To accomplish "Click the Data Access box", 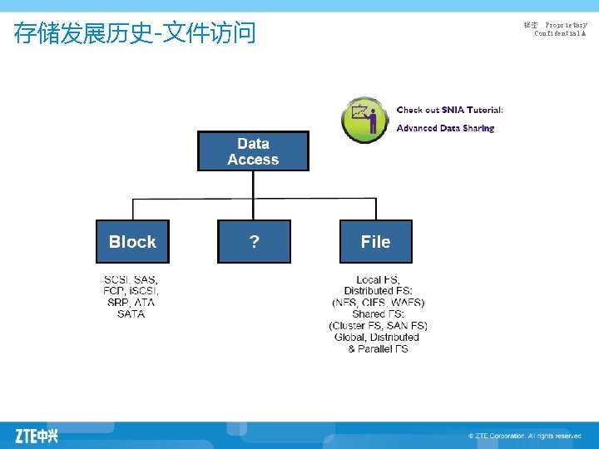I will pyautogui.click(x=253, y=151).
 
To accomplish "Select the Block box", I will pyautogui.click(x=132, y=242).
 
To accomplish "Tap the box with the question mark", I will pyautogui.click(x=254, y=242).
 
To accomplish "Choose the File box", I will pyautogui.click(x=375, y=242).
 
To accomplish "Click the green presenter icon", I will pyautogui.click(x=365, y=119).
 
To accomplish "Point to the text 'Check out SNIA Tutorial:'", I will pyautogui.click(x=449, y=110).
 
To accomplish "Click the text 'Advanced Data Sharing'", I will pyautogui.click(x=445, y=128).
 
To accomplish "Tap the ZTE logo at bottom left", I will pyautogui.click(x=37, y=435).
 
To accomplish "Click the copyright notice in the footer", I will pyautogui.click(x=524, y=436).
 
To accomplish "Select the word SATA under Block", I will pyautogui.click(x=131, y=314).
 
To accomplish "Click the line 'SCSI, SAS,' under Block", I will pyautogui.click(x=131, y=279).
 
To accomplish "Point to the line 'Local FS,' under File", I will pyautogui.click(x=379, y=279).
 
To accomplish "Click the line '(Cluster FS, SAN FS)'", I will pyautogui.click(x=379, y=326).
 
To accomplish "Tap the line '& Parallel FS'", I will pyautogui.click(x=379, y=349).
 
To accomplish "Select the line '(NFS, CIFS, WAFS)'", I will pyautogui.click(x=379, y=303).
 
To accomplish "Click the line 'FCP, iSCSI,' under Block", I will pyautogui.click(x=131, y=291).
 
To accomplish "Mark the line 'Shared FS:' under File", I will pyautogui.click(x=379, y=314).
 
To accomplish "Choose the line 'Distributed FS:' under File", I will pyautogui.click(x=379, y=291).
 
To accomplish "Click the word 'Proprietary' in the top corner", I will pyautogui.click(x=566, y=26).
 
